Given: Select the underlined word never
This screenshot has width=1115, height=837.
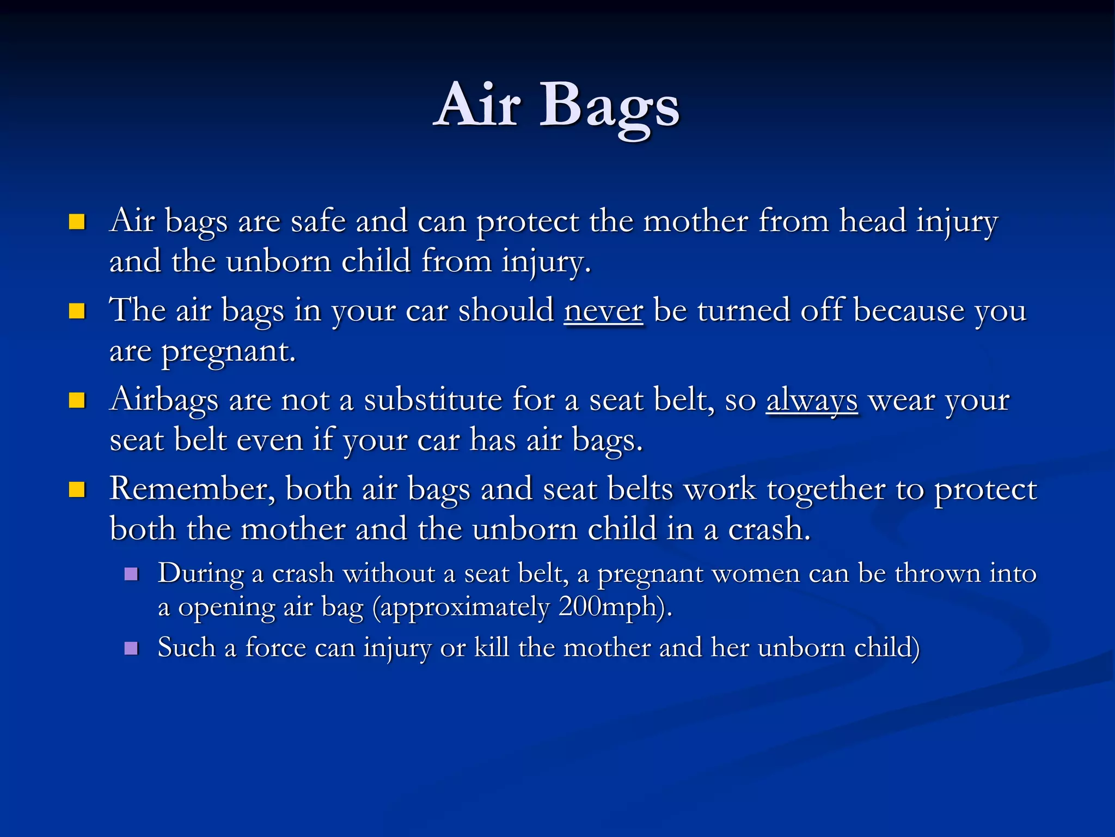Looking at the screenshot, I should coord(603,311).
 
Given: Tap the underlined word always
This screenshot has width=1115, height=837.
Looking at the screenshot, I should coord(812,401).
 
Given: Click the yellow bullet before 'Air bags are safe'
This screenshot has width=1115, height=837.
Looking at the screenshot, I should coord(77,222).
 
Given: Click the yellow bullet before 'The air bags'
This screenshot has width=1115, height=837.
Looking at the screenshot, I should coord(77,311).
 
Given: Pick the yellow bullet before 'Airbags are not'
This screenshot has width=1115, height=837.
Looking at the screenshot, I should coord(77,401).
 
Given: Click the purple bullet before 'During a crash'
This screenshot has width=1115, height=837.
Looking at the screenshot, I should coord(131,574).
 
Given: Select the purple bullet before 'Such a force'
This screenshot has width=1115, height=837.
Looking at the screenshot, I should coord(131,648).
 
